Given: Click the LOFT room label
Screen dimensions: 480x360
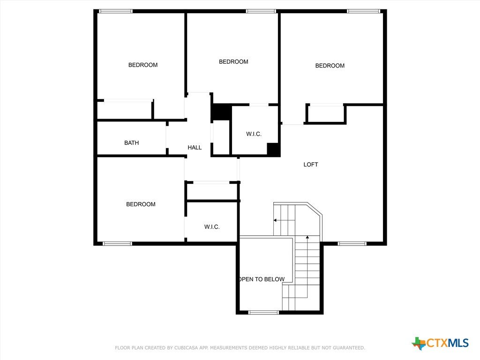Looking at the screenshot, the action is tap(310, 165).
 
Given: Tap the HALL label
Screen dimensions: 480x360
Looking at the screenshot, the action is tap(195, 148).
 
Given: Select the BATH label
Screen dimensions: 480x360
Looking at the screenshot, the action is tap(131, 142).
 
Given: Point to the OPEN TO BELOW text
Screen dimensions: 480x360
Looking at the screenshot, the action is tap(262, 279).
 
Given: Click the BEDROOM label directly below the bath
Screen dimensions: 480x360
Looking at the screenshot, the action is tap(141, 204).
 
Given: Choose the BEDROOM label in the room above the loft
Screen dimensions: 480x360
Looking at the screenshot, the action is tap(330, 66).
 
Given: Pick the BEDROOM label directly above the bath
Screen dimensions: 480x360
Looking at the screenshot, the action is tap(143, 65).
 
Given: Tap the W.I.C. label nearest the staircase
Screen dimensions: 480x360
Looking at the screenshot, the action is tap(212, 227).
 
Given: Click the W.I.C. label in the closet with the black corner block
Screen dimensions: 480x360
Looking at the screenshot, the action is tap(254, 134).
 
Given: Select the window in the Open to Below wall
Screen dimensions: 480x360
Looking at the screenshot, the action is tap(263, 312).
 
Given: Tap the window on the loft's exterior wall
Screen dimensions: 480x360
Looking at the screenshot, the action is tap(352, 244).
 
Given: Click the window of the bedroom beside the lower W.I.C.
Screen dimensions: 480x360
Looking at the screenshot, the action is tap(117, 244).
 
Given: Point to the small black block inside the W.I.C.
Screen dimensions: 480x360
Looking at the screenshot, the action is tap(273, 150).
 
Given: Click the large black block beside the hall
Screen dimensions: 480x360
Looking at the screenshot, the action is tap(222, 112).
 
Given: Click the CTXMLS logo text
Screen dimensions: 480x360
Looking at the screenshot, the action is tap(448, 343).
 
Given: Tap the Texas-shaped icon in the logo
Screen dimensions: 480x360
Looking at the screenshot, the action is tap(419, 344).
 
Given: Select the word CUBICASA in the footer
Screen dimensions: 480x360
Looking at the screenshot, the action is tap(187, 348).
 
